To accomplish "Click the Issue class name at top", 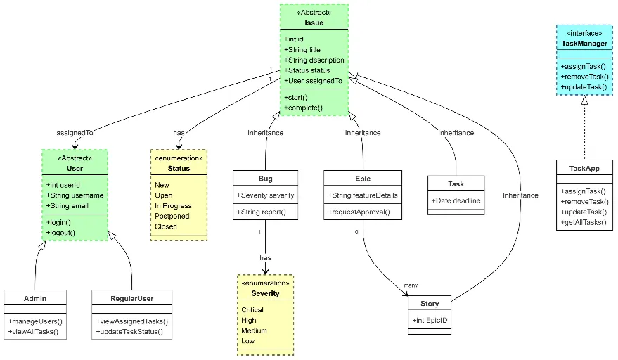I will (314, 22).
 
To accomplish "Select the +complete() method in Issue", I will (304, 108).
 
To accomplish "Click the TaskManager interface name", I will (584, 44).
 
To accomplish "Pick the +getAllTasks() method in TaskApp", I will (583, 223).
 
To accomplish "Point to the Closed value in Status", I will (166, 227).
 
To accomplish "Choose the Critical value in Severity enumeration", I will (252, 310).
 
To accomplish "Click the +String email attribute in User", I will (68, 205).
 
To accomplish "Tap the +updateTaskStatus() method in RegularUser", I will (129, 331).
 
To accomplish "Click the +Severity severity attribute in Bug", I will (266, 195).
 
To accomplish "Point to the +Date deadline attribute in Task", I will (456, 200).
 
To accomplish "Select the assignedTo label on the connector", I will (75, 132).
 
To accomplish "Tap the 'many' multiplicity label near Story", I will (411, 285).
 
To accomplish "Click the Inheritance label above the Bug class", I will (265, 132).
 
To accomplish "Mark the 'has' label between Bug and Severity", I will (265, 258).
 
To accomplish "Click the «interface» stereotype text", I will (584, 33).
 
